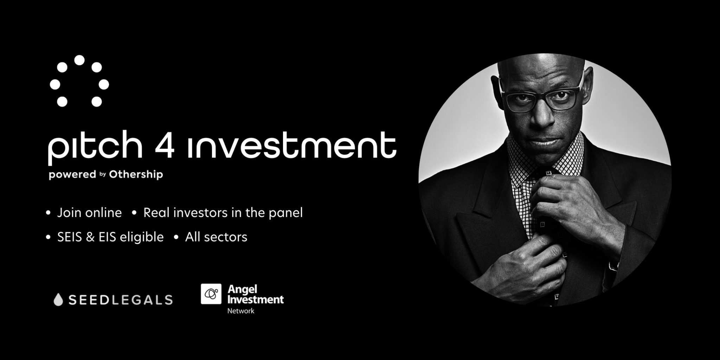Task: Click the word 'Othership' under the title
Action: (x=136, y=174)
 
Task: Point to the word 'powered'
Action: (x=72, y=174)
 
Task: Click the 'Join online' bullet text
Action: (x=89, y=213)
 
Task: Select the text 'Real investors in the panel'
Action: (x=223, y=213)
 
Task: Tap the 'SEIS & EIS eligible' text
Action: (x=110, y=237)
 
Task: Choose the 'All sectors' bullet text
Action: (x=216, y=237)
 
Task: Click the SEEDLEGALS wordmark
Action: (x=120, y=300)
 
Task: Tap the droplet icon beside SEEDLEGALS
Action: (x=58, y=300)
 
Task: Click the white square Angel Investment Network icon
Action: (x=211, y=294)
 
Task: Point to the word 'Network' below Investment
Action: (x=241, y=311)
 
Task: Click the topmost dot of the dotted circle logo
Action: (x=79, y=60)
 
